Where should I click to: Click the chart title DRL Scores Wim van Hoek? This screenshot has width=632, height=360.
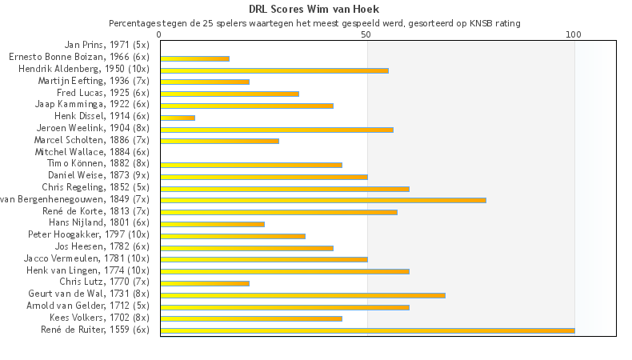314,10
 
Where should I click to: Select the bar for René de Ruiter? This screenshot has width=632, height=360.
367,330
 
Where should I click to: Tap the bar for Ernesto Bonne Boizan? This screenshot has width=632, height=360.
194,58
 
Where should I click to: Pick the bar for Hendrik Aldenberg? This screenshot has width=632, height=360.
274,70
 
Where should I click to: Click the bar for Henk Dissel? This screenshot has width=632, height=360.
178,118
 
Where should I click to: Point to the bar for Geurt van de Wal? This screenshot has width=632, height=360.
302,295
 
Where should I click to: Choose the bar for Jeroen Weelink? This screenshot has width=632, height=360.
277,130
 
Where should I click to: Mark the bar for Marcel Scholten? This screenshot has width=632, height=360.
219,141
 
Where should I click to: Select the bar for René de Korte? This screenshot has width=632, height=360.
278,212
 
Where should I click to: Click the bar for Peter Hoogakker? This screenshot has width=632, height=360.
233,236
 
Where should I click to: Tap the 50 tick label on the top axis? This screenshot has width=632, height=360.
366,35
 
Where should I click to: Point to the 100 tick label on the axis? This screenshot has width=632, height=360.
573,35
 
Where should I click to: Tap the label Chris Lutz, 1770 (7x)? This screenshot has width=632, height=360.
104,282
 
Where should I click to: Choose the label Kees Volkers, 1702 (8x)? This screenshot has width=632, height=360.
99,318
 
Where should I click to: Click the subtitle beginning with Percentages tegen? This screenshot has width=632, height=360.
314,23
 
